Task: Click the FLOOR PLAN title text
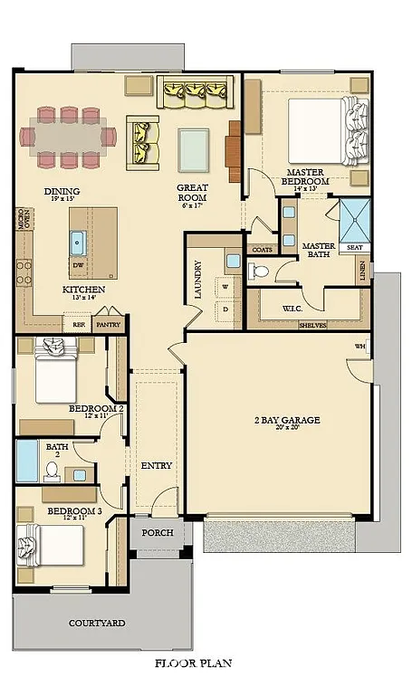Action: coord(193,663)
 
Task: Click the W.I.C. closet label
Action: coord(292,309)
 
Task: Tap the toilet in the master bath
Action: coord(261,270)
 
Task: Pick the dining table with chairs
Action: coord(70,138)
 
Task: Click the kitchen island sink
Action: coord(77,242)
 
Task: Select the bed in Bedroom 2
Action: coord(59,373)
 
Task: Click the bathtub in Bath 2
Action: coord(27,462)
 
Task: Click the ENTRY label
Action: coord(157,465)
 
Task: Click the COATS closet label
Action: coord(262,249)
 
